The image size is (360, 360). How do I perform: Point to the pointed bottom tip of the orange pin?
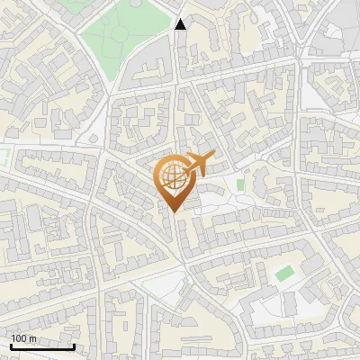pyautogui.click(x=175, y=212)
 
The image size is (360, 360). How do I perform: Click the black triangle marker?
pyautogui.click(x=181, y=24)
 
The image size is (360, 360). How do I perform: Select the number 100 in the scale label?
pyautogui.click(x=19, y=338)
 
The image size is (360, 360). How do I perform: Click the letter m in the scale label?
pyautogui.click(x=32, y=338)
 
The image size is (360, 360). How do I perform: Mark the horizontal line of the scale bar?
pyautogui.click(x=42, y=346)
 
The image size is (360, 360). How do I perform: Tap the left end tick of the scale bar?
pyautogui.click(x=11, y=345)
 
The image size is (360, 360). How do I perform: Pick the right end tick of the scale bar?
pyautogui.click(x=74, y=345)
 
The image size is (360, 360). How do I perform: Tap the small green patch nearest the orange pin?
pyautogui.click(x=240, y=184)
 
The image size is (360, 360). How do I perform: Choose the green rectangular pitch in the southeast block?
pyautogui.click(x=285, y=274)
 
